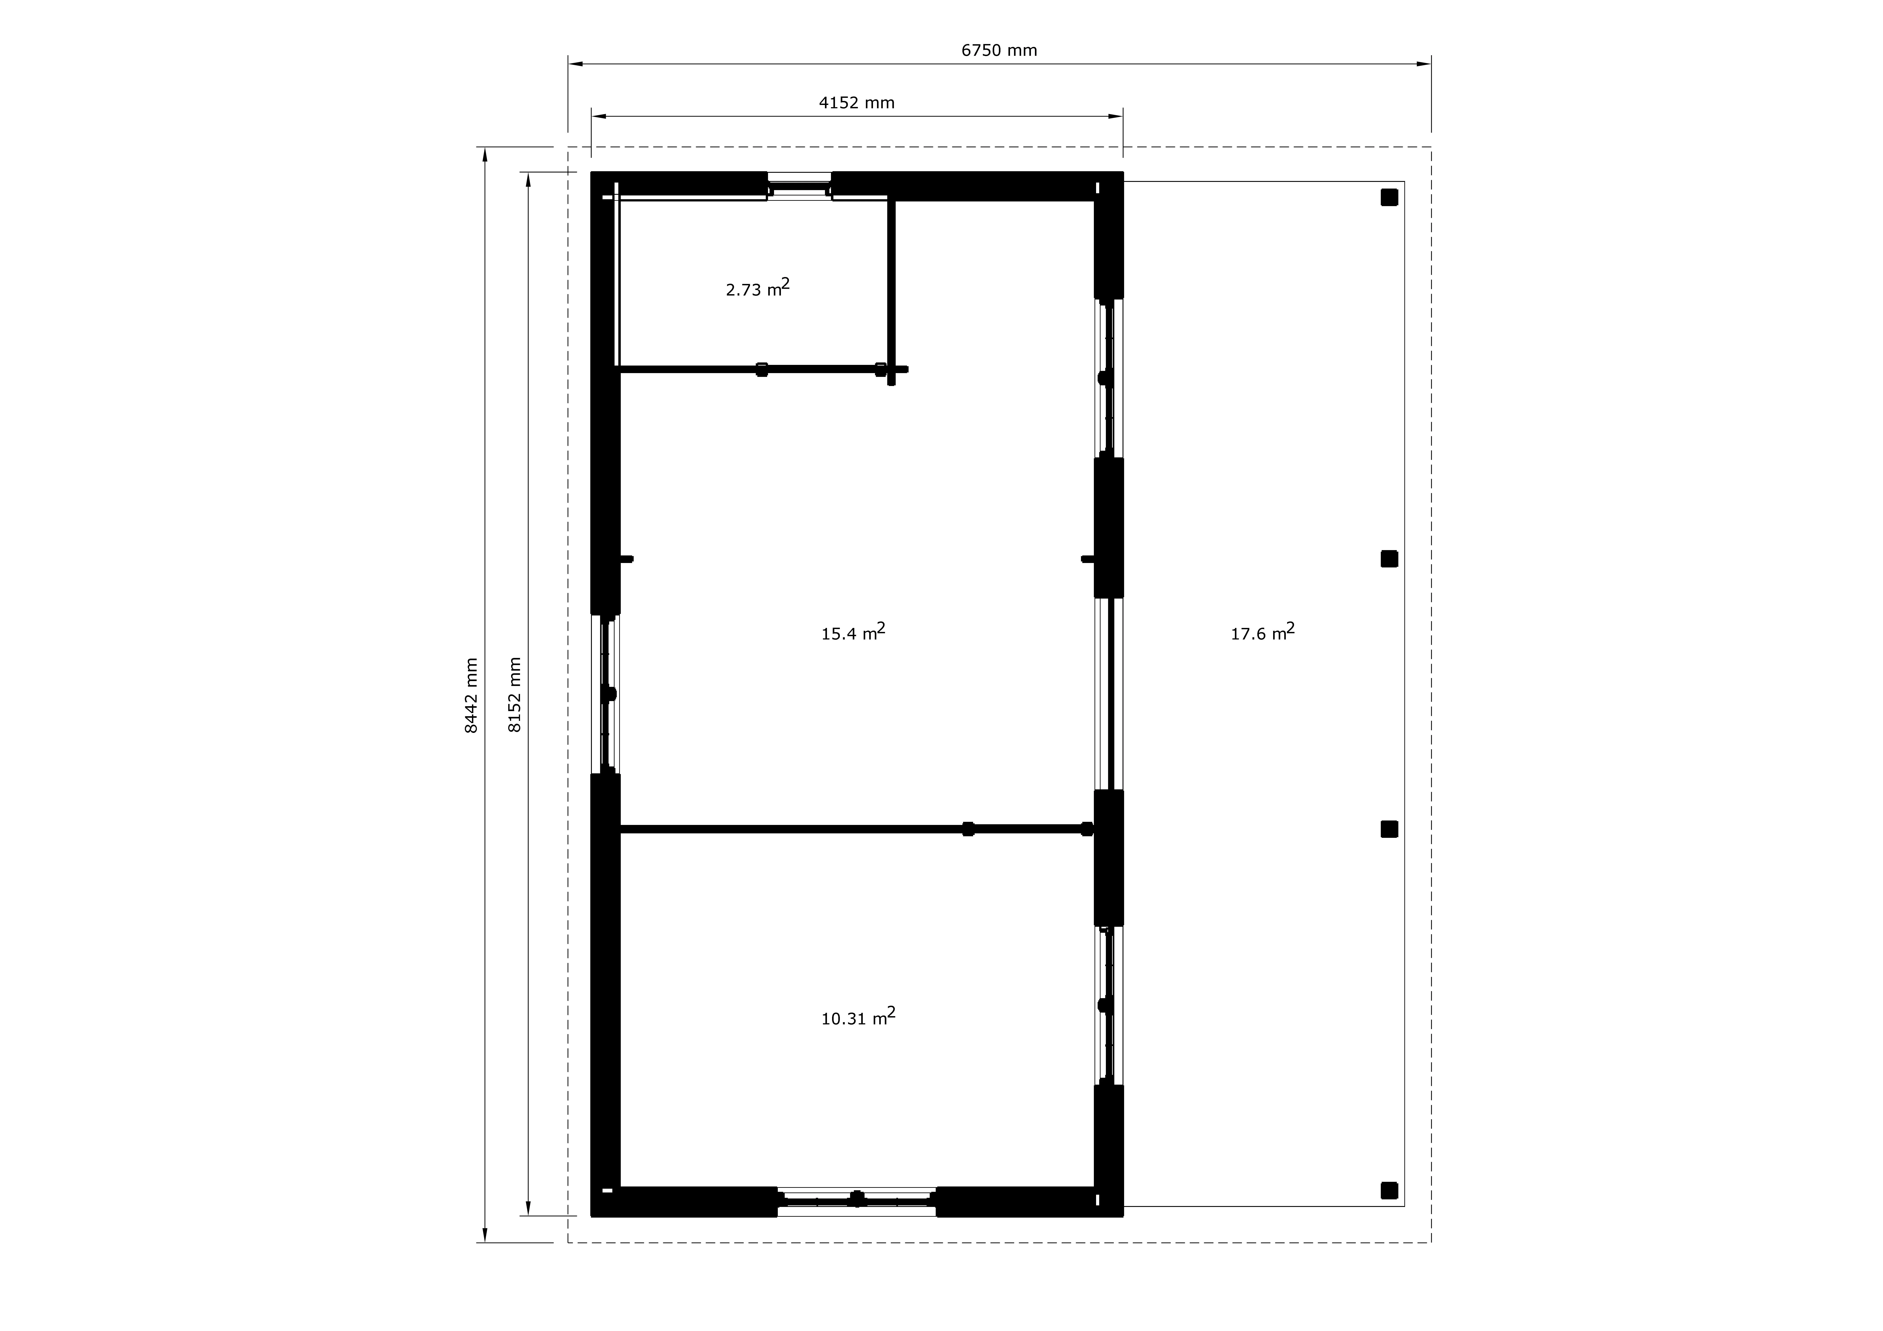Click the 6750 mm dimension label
click(x=999, y=51)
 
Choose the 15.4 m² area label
click(x=853, y=631)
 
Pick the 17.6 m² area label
click(x=1262, y=631)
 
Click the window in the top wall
click(x=800, y=186)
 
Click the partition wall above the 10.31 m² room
click(x=857, y=829)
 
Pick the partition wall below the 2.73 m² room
click(x=763, y=369)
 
